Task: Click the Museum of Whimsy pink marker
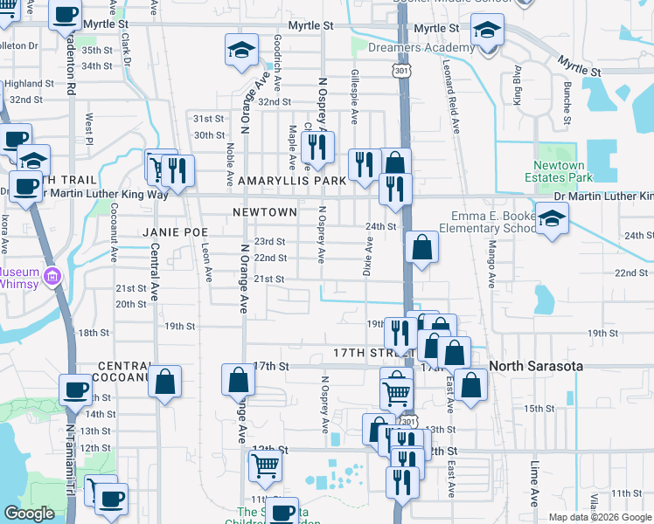(x=52, y=277)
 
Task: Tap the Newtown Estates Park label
(x=559, y=171)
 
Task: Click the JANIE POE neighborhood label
(x=175, y=232)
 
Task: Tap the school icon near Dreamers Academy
(x=486, y=30)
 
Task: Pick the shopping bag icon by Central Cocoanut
(x=164, y=382)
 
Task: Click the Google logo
(x=29, y=514)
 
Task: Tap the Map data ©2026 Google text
(x=600, y=517)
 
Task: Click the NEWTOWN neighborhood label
(x=265, y=212)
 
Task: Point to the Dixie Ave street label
(x=368, y=256)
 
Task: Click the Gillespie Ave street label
(x=355, y=98)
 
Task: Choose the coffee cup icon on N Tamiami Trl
(x=75, y=389)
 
